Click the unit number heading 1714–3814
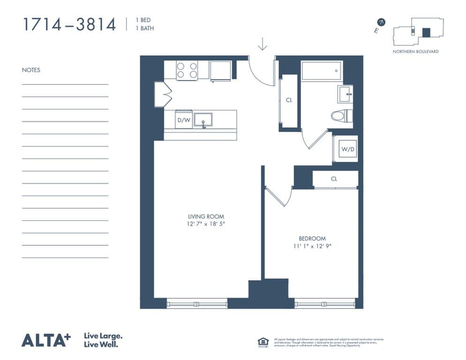point(69,24)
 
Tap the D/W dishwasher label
point(183,120)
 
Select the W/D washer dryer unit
point(347,150)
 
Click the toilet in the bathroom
point(341,115)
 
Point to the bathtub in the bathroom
point(322,71)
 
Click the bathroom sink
point(345,94)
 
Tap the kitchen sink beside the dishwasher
point(203,120)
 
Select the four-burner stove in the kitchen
point(187,71)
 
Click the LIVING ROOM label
point(206,217)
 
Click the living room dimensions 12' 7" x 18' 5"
point(206,225)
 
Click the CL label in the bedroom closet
point(334,179)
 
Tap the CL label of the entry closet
point(289,100)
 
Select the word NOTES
point(31,70)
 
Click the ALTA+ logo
point(46,340)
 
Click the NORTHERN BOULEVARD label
point(415,52)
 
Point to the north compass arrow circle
point(382,22)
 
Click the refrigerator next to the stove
point(220,71)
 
